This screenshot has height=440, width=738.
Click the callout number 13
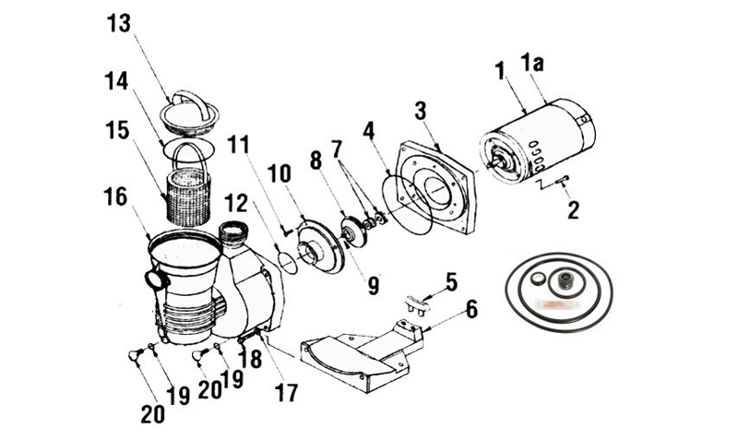119,24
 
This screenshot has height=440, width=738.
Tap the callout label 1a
532,62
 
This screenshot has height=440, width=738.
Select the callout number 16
115,196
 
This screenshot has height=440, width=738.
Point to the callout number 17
287,393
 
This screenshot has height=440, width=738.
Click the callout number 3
421,112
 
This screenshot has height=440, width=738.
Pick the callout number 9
374,285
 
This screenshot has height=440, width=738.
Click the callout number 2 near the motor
573,210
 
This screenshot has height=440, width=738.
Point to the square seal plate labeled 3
435,187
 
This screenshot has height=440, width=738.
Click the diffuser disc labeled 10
321,248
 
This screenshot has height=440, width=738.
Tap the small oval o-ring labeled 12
287,263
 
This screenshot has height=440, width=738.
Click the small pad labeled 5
416,304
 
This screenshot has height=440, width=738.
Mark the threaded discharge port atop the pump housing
234,234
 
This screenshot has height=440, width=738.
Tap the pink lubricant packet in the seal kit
549,305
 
